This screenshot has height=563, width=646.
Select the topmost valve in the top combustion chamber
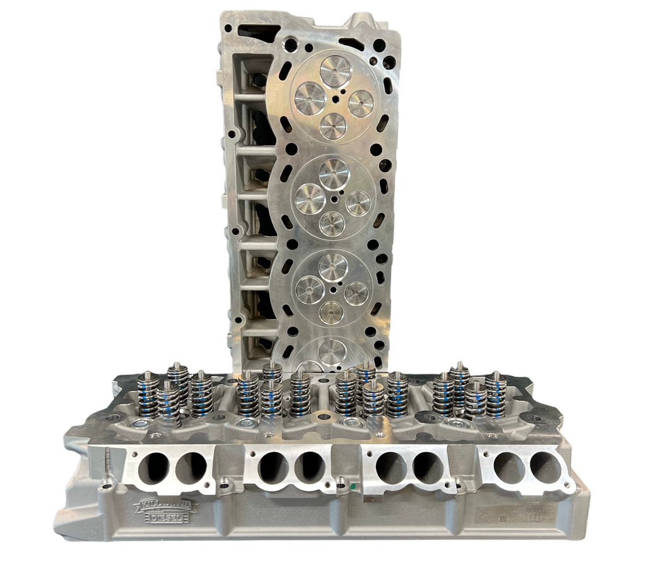point(336,71)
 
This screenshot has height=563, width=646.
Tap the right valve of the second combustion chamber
point(358,203)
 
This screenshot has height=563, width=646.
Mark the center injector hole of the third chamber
point(332,292)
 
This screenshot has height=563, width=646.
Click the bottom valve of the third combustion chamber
point(331,311)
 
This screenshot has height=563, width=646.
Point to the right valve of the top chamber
point(361,104)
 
